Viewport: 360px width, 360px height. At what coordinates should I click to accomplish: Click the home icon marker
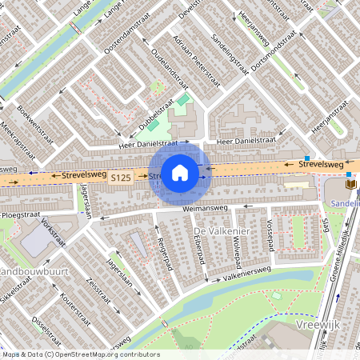click(x=180, y=173)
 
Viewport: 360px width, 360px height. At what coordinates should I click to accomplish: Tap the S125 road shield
click(x=122, y=177)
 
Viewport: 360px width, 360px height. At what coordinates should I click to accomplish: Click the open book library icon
click(x=350, y=185)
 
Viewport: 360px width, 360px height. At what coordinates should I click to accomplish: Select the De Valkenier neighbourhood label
click(x=216, y=230)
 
